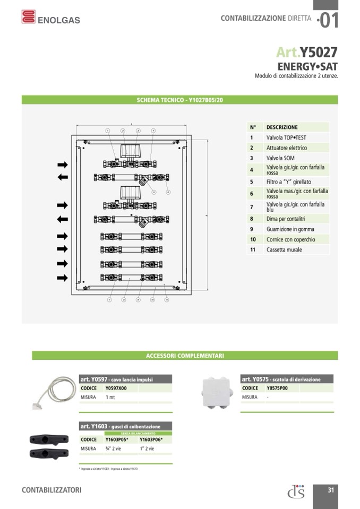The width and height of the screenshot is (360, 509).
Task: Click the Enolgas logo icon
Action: [x=29, y=17]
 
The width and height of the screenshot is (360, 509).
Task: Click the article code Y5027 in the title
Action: [x=319, y=52]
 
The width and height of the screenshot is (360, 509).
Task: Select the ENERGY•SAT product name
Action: [x=307, y=66]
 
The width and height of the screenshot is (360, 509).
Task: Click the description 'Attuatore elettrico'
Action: [x=287, y=148]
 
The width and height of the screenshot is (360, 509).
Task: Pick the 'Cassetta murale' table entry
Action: [x=284, y=249]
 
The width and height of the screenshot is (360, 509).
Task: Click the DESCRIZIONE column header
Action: [x=282, y=127]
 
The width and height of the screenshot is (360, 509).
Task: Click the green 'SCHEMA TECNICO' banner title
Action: [x=179, y=100]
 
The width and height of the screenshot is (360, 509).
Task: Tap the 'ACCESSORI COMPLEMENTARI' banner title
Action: [x=185, y=356]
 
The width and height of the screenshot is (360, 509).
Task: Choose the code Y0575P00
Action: [x=277, y=388]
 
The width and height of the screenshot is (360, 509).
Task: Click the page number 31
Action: [x=330, y=490]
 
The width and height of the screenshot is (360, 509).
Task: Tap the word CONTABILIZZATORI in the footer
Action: [x=52, y=490]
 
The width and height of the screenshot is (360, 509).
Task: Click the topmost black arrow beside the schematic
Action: [x=63, y=165]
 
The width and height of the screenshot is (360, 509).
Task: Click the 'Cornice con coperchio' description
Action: [x=290, y=239]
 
